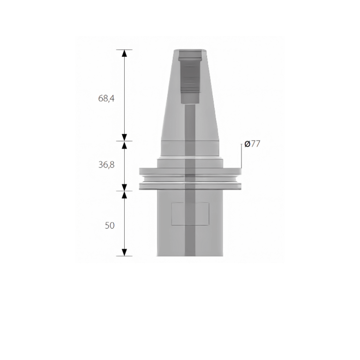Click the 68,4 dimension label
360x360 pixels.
(106, 98)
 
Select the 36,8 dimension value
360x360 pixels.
(106, 165)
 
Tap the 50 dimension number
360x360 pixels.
(110, 225)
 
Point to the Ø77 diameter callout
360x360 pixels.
(252, 144)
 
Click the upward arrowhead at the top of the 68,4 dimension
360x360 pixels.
(124, 53)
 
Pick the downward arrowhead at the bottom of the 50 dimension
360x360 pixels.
(124, 252)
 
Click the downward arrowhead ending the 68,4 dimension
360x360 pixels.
(124, 137)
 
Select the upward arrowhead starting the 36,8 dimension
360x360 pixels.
(124, 145)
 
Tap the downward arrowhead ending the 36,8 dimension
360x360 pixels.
(124, 187)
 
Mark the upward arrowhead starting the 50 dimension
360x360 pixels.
(124, 195)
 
